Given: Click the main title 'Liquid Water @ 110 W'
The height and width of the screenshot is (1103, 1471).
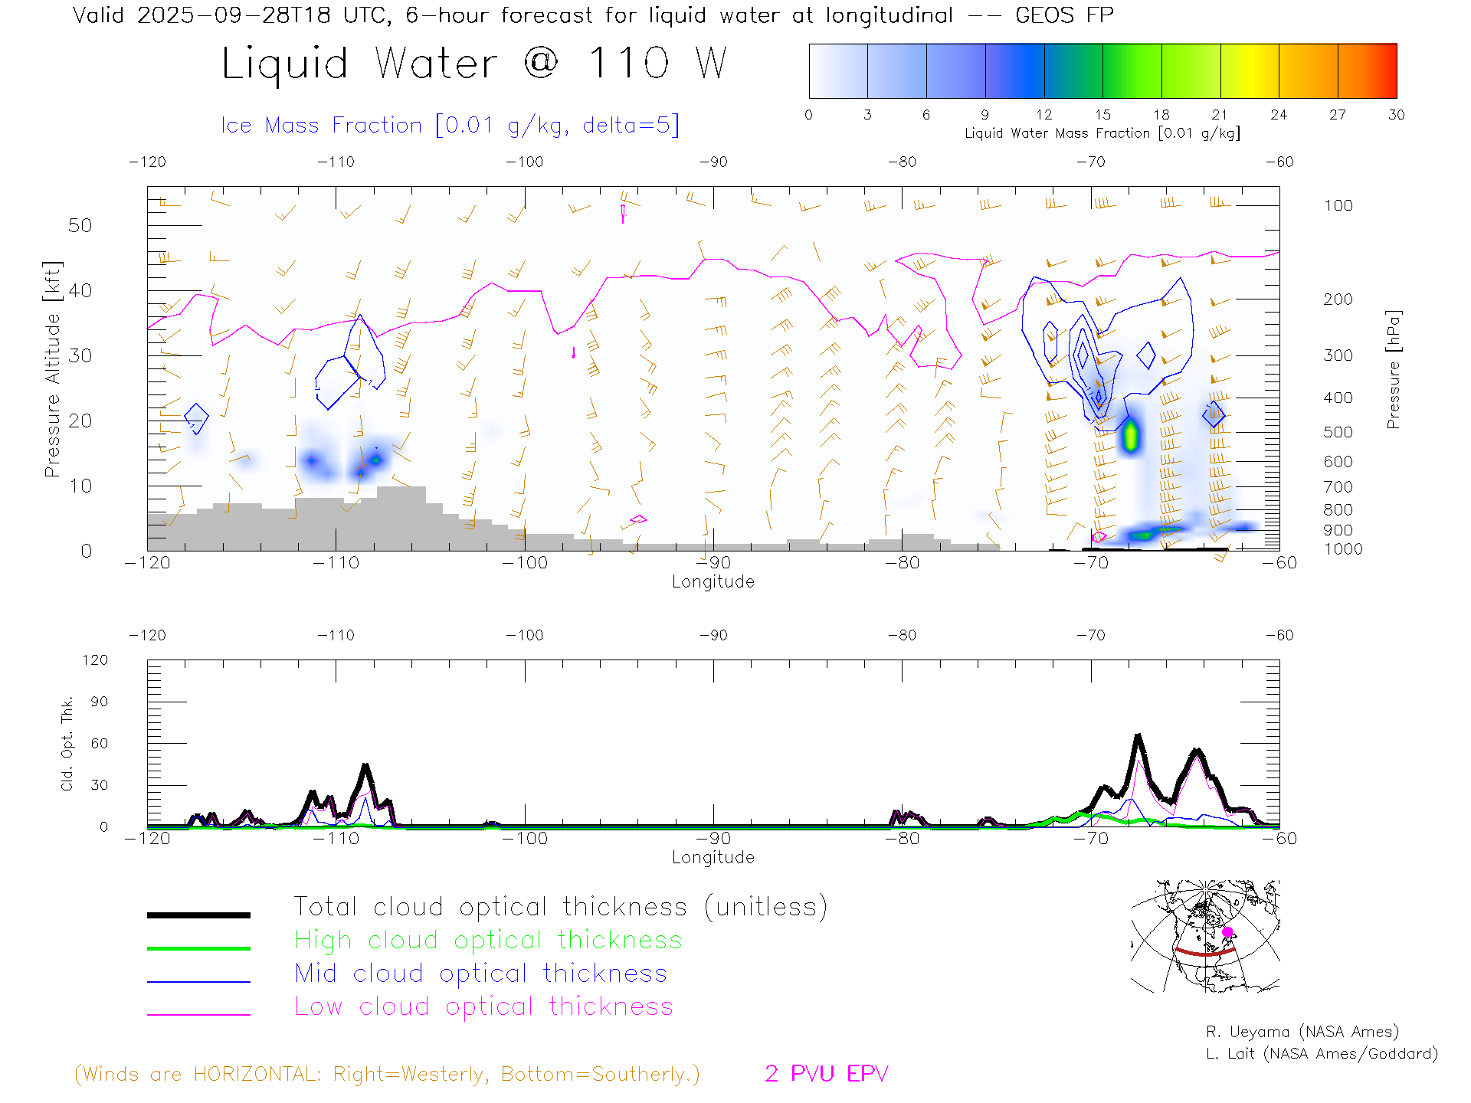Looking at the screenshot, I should coord(473,63).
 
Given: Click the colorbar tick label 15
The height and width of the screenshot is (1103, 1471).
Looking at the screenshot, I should coord(1102,115).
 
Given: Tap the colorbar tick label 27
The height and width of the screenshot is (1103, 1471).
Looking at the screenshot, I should coord(1338,115).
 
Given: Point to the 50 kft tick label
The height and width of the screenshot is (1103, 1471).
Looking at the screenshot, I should coord(80,225).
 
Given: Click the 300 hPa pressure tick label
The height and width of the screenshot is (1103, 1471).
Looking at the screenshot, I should coord(1338,355).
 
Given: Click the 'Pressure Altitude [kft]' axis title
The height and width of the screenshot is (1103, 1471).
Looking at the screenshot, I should coord(52,369).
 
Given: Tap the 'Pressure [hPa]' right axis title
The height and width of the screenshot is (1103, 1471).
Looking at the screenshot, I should coord(1394,369).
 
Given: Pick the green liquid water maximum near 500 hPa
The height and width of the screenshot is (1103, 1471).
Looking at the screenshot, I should coord(1131,436).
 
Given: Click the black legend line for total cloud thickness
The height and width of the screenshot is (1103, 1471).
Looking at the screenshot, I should coord(198,915).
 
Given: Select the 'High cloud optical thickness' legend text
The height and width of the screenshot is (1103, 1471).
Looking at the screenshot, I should coord(488,940).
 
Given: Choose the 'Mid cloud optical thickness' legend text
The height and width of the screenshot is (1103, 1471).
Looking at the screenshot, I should coord(480,974).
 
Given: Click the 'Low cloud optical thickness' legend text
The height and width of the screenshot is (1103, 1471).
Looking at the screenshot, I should coord(483,1006).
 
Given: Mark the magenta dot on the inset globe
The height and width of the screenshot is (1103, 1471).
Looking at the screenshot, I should coord(1227,932).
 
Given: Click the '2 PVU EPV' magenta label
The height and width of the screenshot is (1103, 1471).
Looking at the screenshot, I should coord(826,1074).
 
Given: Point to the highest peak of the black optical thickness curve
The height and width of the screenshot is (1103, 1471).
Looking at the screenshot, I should coord(1138,737).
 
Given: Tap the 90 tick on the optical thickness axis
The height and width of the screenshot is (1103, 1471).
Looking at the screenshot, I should coord(100,702).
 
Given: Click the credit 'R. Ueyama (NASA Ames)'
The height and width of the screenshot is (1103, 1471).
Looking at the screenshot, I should coord(1302,1032).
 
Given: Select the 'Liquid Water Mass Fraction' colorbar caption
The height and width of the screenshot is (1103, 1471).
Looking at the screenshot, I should coord(1102,133).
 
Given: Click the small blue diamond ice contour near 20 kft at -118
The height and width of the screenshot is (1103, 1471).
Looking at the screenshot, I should coord(197,418).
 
